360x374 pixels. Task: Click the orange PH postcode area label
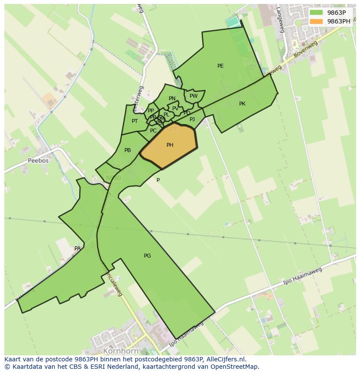click(x=170, y=145)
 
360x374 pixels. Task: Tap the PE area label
click(x=220, y=66)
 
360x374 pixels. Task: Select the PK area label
click(x=242, y=104)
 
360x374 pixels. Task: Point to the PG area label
click(x=147, y=256)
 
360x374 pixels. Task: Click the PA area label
click(x=77, y=248)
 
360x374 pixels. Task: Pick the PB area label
click(x=127, y=150)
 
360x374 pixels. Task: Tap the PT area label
click(x=135, y=121)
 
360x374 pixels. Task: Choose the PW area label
click(x=193, y=96)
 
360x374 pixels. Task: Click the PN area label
click(x=172, y=99)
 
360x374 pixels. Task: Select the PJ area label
click(x=192, y=119)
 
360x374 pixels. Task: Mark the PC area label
click(x=153, y=131)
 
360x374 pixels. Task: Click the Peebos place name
click(x=38, y=160)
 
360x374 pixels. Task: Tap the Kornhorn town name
click(x=121, y=351)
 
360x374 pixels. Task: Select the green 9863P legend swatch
click(x=317, y=13)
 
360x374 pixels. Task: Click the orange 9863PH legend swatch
click(x=317, y=21)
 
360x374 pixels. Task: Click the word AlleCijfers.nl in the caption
click(x=227, y=359)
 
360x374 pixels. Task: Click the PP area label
click(x=151, y=111)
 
